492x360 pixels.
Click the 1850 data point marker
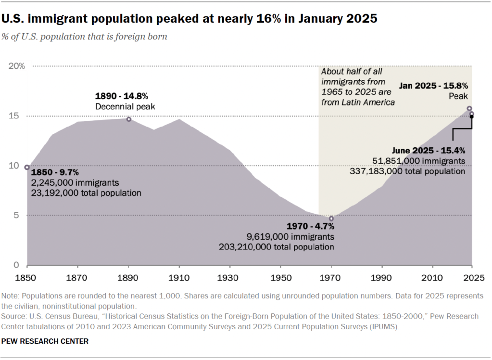[27, 167]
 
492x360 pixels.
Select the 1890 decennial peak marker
[129, 119]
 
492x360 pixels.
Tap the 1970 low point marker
[331, 219]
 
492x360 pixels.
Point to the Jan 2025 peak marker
[469, 109]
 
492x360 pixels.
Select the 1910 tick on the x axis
[179, 278]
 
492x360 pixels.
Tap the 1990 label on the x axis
[382, 278]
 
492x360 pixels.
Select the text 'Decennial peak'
[125, 106]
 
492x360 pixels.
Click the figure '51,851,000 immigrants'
[419, 161]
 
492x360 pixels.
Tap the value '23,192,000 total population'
[86, 193]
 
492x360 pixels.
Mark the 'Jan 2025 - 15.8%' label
[433, 87]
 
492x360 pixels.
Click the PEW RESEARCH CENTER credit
[45, 341]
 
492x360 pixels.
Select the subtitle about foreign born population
[84, 37]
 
